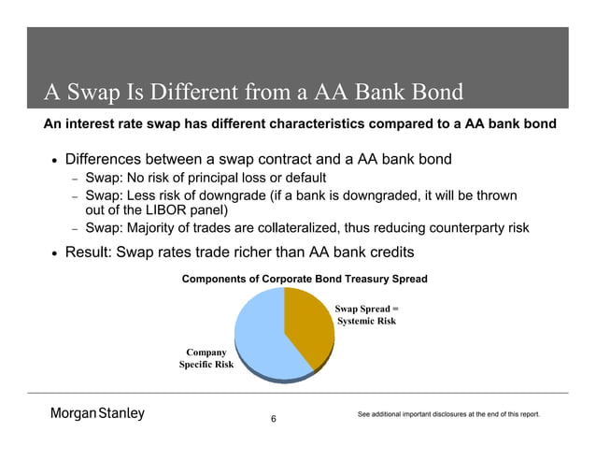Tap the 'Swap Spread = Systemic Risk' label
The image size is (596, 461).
point(366,314)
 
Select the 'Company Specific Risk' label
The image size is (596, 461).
point(206,357)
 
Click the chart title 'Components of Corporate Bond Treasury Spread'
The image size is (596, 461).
point(305,279)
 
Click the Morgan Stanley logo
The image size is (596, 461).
point(97,414)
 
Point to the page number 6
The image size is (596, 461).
point(273,418)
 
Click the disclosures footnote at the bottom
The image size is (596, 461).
point(448,414)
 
